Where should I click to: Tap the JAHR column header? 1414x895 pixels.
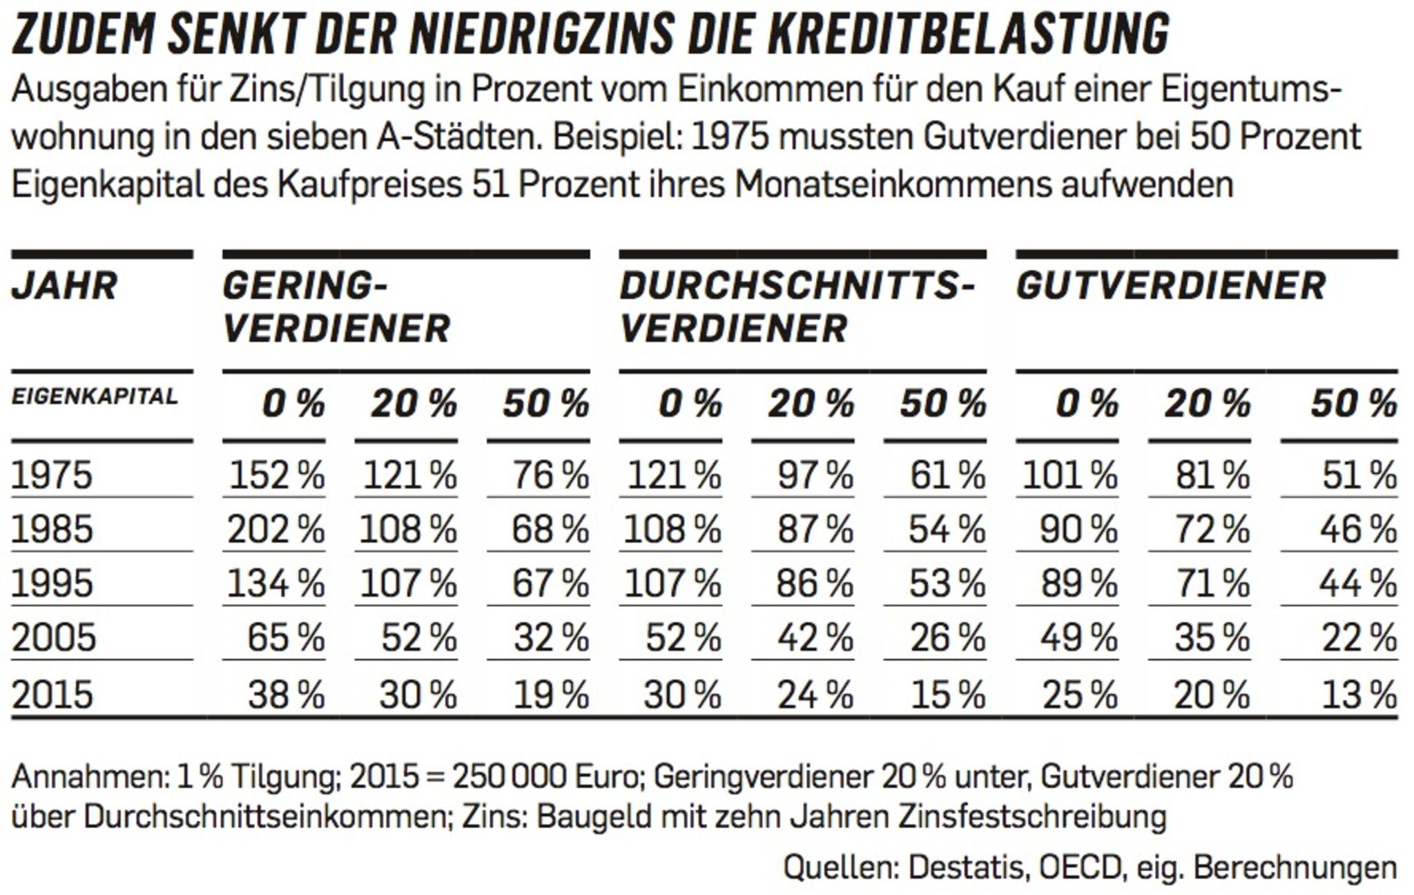coord(64,286)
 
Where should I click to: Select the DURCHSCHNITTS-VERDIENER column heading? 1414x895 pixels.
coord(797,307)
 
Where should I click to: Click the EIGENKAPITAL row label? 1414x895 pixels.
coord(95,396)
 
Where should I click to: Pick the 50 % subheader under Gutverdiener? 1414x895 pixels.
coord(1354,403)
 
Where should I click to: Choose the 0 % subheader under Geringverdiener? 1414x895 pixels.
coord(293,403)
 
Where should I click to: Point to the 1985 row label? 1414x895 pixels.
coord(52,530)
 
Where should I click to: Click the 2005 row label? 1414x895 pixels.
coord(54,637)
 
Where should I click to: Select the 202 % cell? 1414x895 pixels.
coord(275,530)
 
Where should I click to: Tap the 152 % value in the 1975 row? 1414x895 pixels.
coord(277,476)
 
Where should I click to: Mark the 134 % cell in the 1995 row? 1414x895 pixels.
coord(276,584)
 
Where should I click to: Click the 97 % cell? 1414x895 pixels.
coord(816,476)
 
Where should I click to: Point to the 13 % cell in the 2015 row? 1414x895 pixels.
coord(1359,695)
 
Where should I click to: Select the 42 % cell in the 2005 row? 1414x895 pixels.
coord(815,637)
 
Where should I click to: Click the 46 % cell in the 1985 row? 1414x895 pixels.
coord(1359,530)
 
